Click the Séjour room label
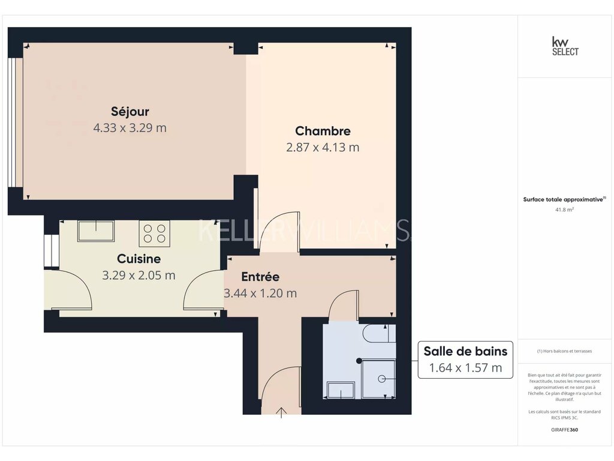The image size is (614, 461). tap(130, 112)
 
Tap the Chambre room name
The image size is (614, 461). tap(323, 131)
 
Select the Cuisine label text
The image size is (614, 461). tap(139, 259)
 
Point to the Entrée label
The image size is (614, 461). tap(260, 277)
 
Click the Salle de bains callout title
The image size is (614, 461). tap(465, 351)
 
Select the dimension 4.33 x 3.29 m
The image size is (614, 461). tap(130, 128)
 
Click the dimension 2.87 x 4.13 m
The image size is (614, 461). tap(323, 148)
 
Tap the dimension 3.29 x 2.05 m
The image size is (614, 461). tap(139, 275)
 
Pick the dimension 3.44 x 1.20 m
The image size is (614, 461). tap(260, 293)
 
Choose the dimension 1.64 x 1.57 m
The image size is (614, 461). tap(465, 368)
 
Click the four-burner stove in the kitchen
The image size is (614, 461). tap(154, 234)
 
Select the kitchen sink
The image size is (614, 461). tap(96, 231)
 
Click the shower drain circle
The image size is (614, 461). tap(381, 379)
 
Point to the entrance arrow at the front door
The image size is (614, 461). tap(281, 413)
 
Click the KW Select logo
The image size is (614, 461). tap(565, 47)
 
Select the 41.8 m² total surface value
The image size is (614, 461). tap(564, 209)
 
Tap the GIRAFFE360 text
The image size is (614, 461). tap(564, 430)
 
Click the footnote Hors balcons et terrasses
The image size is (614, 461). tap(564, 351)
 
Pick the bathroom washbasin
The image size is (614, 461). tap(341, 390)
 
